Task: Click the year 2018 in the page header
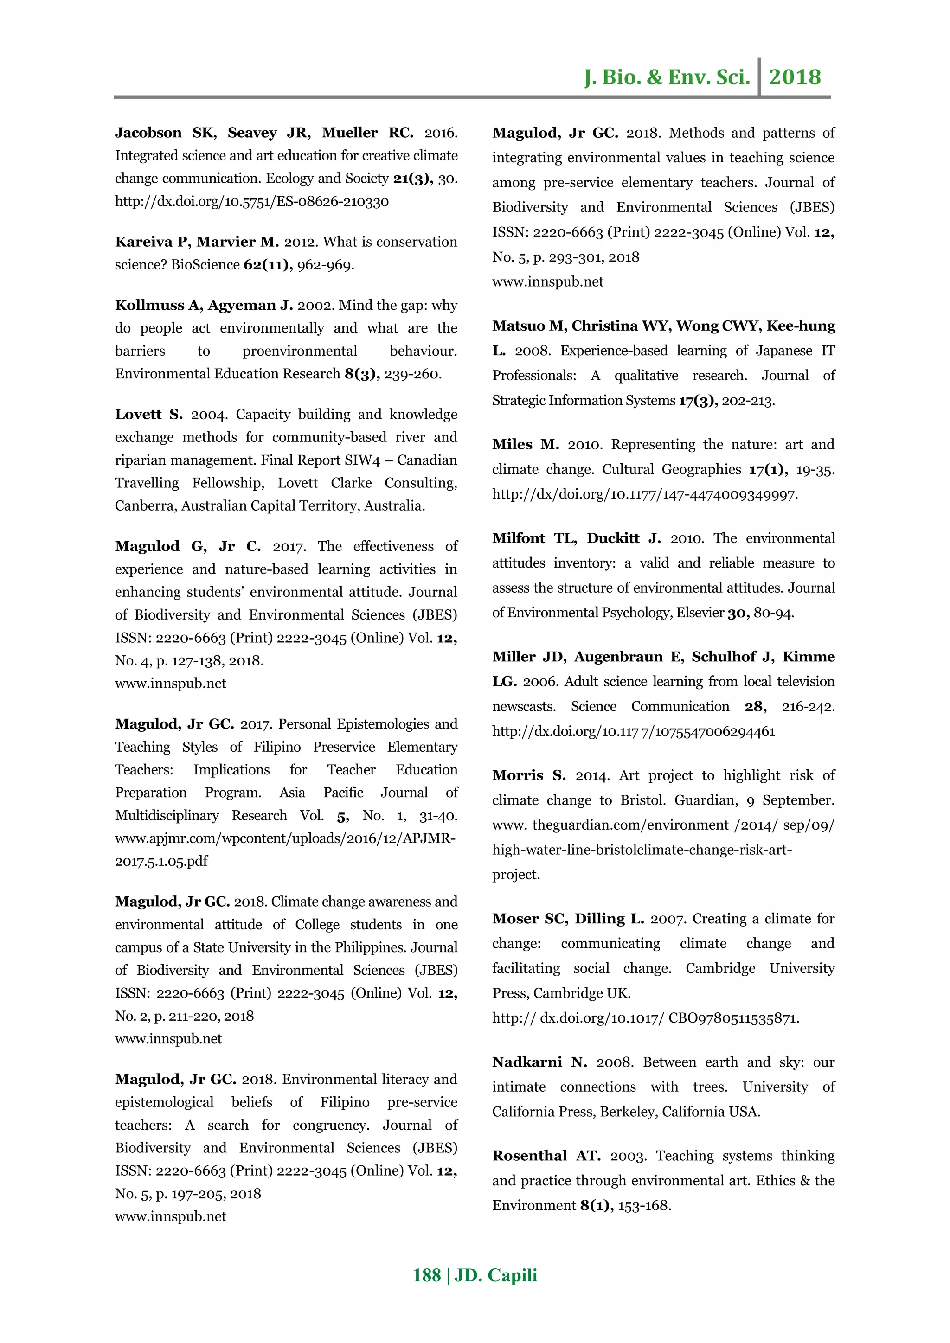tap(795, 77)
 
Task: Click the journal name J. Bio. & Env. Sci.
tap(667, 77)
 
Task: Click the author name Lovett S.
tap(148, 415)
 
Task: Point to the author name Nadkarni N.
tap(539, 1062)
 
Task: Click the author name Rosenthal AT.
tap(546, 1156)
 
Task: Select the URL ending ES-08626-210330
tap(251, 202)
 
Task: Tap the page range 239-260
tap(412, 374)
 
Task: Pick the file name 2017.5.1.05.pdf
tap(161, 861)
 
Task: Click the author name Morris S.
tap(529, 776)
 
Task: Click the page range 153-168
tap(644, 1206)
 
